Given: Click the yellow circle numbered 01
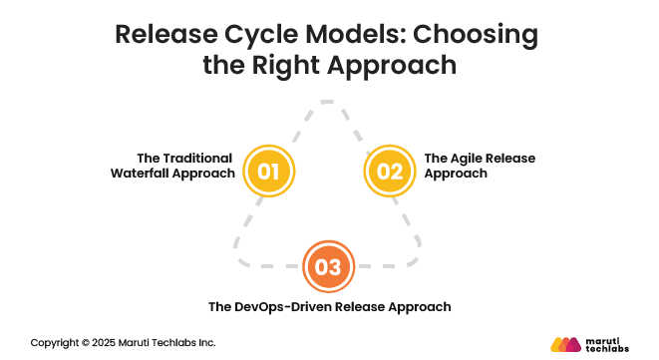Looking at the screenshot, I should [267, 171].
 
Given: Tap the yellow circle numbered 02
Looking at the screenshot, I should [390, 171].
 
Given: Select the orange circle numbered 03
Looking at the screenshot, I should [328, 266].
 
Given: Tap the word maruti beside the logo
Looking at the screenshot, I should [604, 338].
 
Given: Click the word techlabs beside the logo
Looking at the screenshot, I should [608, 348].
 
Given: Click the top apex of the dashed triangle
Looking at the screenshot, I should [329, 102].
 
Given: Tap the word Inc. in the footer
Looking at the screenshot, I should [204, 342].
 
